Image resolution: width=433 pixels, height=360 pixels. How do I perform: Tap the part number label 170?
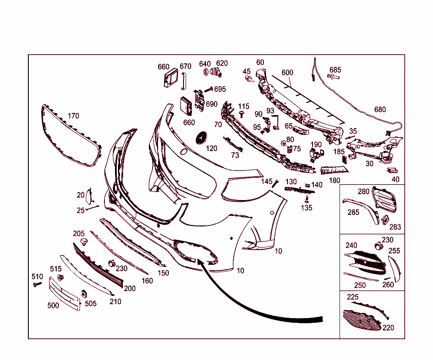click(x=74, y=116)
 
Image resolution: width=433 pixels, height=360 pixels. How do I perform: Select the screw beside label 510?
click(x=37, y=284)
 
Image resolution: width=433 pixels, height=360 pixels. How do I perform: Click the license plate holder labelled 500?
click(x=65, y=294)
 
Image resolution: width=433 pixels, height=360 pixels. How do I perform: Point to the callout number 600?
click(x=287, y=72)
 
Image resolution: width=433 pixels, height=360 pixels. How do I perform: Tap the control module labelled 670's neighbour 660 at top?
click(x=171, y=78)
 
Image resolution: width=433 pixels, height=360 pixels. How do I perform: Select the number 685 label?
click(x=335, y=70)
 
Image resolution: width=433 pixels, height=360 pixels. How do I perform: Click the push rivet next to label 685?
click(x=334, y=77)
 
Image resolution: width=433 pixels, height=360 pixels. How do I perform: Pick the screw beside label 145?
click(x=275, y=183)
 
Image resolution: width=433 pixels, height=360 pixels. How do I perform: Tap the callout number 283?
click(x=395, y=227)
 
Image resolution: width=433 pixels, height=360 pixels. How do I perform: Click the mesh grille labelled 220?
click(x=362, y=320)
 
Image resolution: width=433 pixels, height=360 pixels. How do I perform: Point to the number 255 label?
click(x=394, y=250)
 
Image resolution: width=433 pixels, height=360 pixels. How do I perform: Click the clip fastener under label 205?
click(x=84, y=242)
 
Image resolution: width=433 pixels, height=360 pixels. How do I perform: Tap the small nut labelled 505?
click(x=84, y=294)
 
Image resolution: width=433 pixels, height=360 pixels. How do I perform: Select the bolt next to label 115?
click(x=242, y=114)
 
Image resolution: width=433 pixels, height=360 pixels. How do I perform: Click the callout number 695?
click(x=220, y=89)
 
